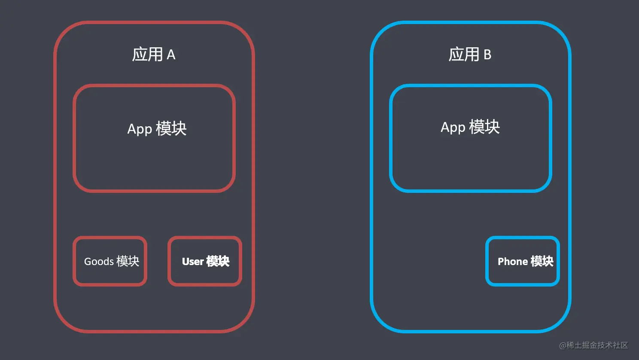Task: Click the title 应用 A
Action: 154,55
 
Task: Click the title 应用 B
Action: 470,55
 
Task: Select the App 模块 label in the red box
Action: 157,128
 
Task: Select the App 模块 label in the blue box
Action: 470,127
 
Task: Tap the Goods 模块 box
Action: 110,261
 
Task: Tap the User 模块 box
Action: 205,261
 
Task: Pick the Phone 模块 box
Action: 523,261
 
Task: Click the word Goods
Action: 99,262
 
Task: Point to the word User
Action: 193,262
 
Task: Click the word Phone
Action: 513,262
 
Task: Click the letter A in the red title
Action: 171,55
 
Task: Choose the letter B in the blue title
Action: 487,55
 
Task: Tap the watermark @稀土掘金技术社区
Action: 593,345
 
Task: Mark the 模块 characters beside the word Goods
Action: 128,261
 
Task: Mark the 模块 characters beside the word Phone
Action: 542,261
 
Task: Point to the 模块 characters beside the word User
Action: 218,261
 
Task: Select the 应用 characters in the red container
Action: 147,55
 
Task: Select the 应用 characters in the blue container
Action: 464,55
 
